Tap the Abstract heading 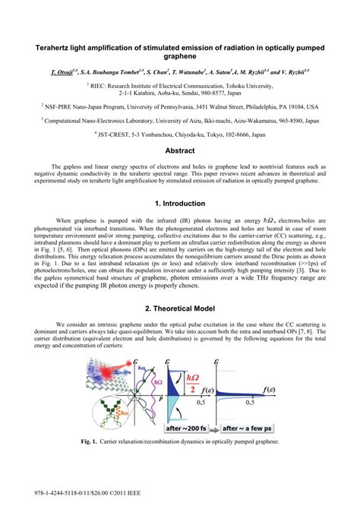click(x=180, y=151)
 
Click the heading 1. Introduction click(x=180, y=204)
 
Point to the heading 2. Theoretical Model click(x=180, y=308)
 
